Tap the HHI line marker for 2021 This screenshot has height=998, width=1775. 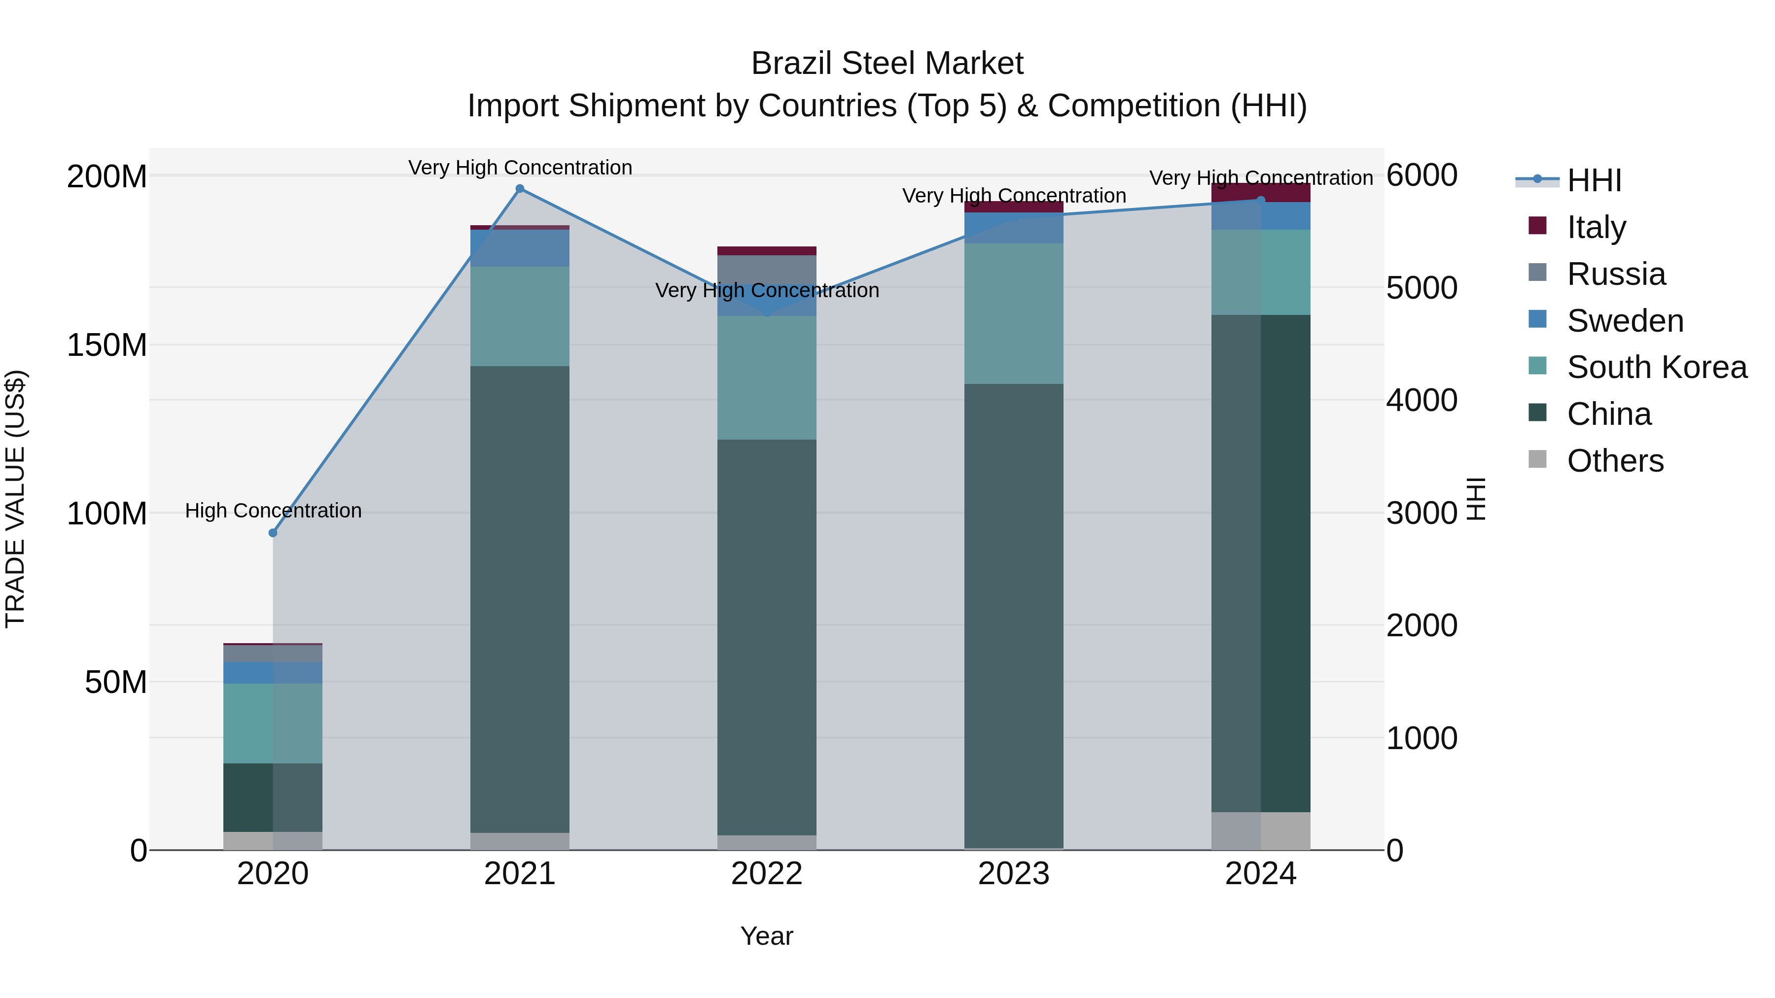coord(520,189)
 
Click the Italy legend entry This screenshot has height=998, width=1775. coord(1596,227)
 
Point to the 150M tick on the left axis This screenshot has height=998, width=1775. coord(107,345)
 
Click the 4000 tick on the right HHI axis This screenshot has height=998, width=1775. coord(1421,400)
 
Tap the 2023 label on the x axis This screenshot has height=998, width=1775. coord(1014,874)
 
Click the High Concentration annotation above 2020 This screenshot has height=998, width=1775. coord(273,511)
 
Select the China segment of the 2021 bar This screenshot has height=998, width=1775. coord(520,599)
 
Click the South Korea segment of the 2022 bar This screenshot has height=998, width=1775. coord(767,378)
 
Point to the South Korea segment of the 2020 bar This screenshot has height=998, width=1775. coord(273,723)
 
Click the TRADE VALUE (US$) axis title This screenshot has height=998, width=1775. coord(15,499)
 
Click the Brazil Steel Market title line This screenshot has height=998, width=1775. coord(887,64)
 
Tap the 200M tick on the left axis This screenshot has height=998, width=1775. coord(107,177)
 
